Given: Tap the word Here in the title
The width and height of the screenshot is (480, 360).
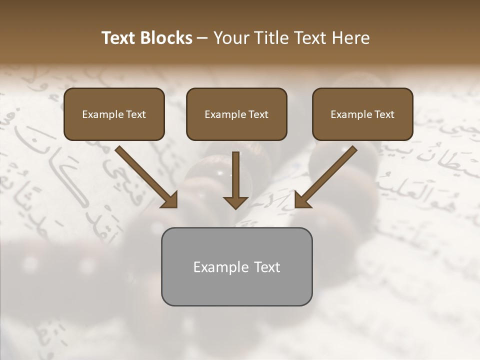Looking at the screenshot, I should click(x=350, y=38).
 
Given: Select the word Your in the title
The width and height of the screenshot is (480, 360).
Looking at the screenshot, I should click(x=230, y=38).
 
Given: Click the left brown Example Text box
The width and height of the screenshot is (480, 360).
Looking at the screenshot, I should click(x=114, y=114).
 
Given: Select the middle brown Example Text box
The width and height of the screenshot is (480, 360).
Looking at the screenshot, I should click(x=236, y=114).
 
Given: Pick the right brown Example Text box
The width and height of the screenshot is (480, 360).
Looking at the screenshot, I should click(x=362, y=114).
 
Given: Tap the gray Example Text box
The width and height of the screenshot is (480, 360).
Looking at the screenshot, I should click(x=236, y=266).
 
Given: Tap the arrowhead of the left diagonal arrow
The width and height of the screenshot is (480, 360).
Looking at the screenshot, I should click(x=170, y=200).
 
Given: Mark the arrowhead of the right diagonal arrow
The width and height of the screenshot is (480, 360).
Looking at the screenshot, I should click(x=302, y=200).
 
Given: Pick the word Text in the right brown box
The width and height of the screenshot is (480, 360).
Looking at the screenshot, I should click(x=384, y=114).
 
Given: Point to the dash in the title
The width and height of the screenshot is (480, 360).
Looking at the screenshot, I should click(x=202, y=38).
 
